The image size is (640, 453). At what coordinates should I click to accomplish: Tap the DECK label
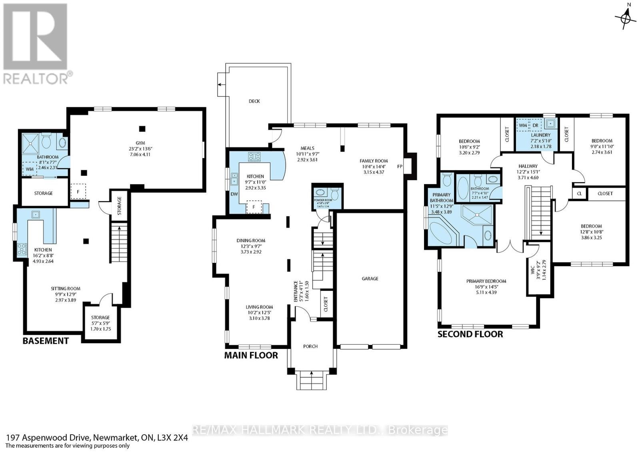[254, 101]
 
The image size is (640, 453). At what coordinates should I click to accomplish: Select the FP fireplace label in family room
[400, 166]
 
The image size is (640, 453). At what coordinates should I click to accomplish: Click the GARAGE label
[370, 279]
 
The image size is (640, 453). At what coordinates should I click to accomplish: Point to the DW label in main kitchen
[234, 194]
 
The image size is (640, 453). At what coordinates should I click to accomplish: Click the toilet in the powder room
[335, 194]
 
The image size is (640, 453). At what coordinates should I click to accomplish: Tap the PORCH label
[310, 346]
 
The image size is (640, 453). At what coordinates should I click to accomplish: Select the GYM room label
[140, 143]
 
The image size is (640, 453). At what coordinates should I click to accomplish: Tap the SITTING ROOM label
[66, 289]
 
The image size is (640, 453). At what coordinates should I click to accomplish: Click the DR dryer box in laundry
[535, 125]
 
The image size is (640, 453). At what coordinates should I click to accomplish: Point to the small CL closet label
[580, 194]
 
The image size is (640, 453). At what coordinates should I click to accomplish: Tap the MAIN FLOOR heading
[251, 355]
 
